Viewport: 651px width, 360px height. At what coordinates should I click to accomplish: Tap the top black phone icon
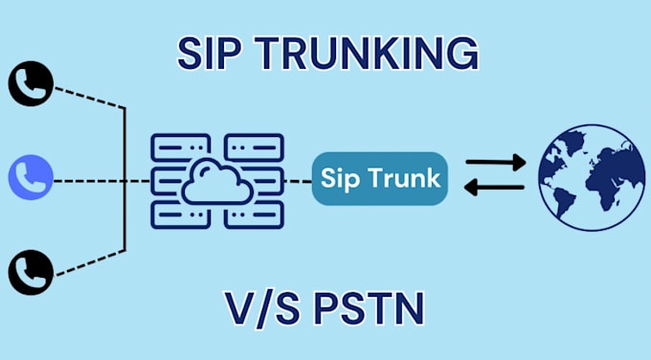tap(30, 84)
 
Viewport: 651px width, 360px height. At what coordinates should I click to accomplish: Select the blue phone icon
tap(30, 177)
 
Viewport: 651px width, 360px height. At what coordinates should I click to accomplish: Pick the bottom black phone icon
tap(30, 271)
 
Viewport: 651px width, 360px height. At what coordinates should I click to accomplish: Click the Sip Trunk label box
tap(380, 178)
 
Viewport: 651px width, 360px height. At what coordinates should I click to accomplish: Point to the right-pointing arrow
tap(495, 162)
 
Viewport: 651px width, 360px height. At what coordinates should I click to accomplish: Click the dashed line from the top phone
tap(88, 98)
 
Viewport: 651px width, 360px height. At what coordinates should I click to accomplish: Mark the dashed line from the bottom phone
tap(88, 259)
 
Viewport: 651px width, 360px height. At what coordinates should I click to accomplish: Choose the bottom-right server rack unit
tap(255, 214)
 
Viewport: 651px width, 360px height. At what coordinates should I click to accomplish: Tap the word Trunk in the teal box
tap(409, 178)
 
